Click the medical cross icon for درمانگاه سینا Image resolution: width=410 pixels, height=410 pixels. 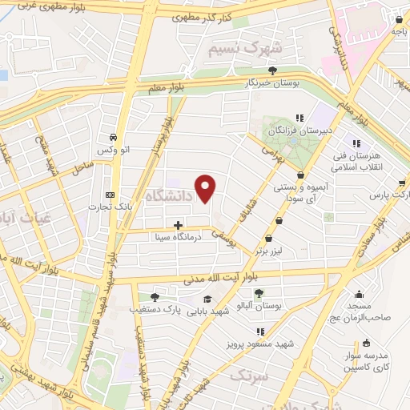[x=178, y=225]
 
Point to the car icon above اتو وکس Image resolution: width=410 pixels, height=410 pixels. [x=117, y=136]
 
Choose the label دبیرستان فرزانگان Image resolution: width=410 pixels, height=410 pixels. [x=297, y=130]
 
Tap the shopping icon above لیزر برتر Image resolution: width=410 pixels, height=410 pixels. [x=267, y=238]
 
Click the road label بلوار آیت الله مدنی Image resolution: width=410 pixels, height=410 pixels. [x=221, y=279]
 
